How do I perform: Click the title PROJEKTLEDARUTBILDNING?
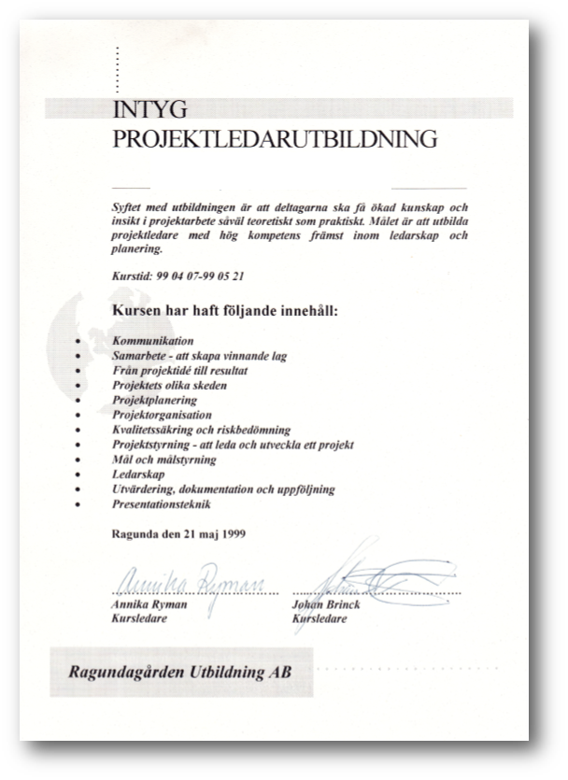(x=275, y=140)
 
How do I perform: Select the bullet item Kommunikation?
(x=152, y=342)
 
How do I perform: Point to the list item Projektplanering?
(x=154, y=400)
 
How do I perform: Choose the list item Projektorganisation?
(x=162, y=415)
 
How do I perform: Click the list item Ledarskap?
(x=137, y=475)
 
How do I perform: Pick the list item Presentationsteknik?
(x=162, y=504)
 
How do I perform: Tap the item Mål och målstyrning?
(x=163, y=460)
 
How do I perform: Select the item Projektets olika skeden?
(x=169, y=385)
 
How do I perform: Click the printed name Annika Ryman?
(x=149, y=604)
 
